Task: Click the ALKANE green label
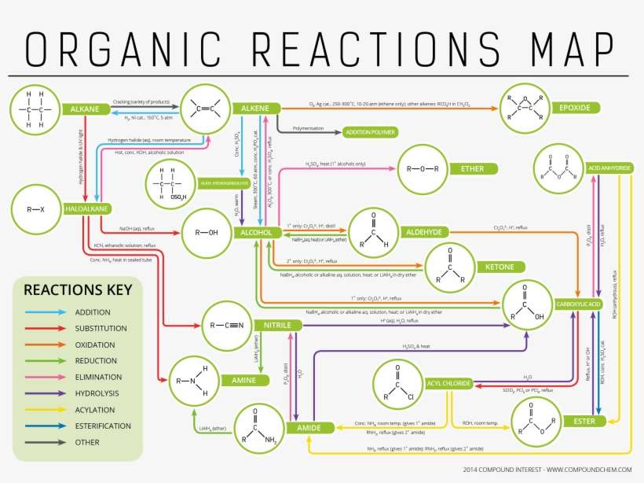(x=84, y=109)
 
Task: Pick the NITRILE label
(x=277, y=324)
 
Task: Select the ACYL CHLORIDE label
(x=448, y=383)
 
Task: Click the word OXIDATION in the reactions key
(x=94, y=345)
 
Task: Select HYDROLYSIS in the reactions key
(x=97, y=393)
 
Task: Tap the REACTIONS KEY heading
(x=78, y=289)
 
